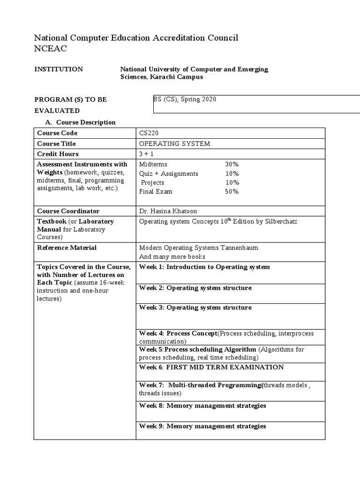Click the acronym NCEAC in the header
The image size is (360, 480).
[x=51, y=48]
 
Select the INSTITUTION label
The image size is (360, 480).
[x=59, y=69]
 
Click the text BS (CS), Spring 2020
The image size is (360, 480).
[x=185, y=99]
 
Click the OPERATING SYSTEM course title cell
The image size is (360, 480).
[x=174, y=144]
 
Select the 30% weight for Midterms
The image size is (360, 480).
[x=232, y=165]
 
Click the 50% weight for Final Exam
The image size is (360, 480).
[x=232, y=192]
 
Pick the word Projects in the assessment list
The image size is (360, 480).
[x=153, y=183]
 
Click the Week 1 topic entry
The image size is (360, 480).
[x=204, y=267]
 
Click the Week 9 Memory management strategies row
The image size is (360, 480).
[x=202, y=427]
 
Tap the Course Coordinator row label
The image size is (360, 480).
[x=68, y=211]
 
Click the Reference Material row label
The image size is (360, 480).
[x=67, y=248]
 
